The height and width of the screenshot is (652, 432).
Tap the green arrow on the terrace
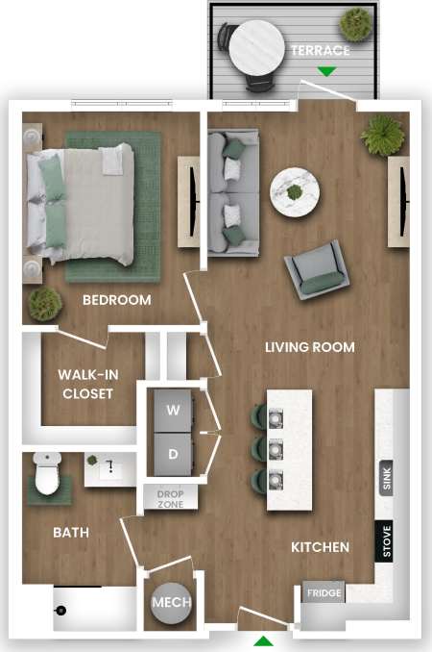pos(327,71)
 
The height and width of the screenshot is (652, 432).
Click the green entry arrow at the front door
pos(263,640)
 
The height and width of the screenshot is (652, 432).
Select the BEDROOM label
pos(116,300)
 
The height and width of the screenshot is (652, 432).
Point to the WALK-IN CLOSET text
pos(87,384)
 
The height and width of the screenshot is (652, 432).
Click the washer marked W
pos(174,410)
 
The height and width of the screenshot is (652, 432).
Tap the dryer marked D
pos(174,453)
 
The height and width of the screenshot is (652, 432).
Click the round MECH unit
pos(172,603)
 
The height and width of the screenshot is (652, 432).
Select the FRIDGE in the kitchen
pos(324,593)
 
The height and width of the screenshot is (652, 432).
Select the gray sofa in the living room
pos(232,192)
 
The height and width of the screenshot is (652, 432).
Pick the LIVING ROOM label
pos(309,347)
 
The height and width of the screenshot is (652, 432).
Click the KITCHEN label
pos(320,547)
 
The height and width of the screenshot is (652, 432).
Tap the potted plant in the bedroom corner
pos(45,304)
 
